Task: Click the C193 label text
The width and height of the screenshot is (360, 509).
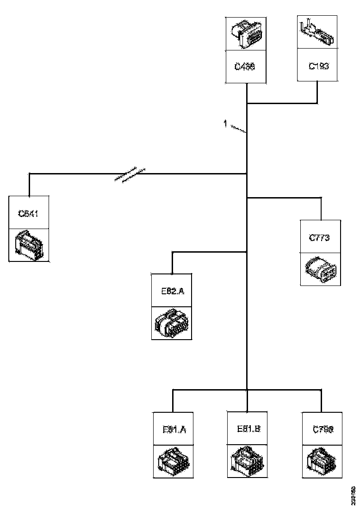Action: [x=319, y=66]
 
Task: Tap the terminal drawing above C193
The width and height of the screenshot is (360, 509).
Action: [x=317, y=33]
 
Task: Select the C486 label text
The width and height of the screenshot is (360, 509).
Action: [x=245, y=66]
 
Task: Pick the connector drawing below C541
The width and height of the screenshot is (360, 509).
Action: [x=29, y=245]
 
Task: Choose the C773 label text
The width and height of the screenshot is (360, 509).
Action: [x=319, y=238]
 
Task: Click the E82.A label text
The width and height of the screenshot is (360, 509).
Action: [x=172, y=291]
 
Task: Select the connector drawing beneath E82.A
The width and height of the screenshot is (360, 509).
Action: [x=172, y=323]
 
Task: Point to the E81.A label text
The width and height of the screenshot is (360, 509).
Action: [x=174, y=429]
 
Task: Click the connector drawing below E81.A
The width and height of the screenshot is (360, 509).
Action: [x=174, y=461]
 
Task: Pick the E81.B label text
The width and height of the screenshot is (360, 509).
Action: [x=248, y=428]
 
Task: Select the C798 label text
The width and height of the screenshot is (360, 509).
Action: [x=323, y=429]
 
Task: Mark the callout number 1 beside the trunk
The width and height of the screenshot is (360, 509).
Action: [x=225, y=124]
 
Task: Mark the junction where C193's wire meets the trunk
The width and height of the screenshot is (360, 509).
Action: [x=247, y=103]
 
